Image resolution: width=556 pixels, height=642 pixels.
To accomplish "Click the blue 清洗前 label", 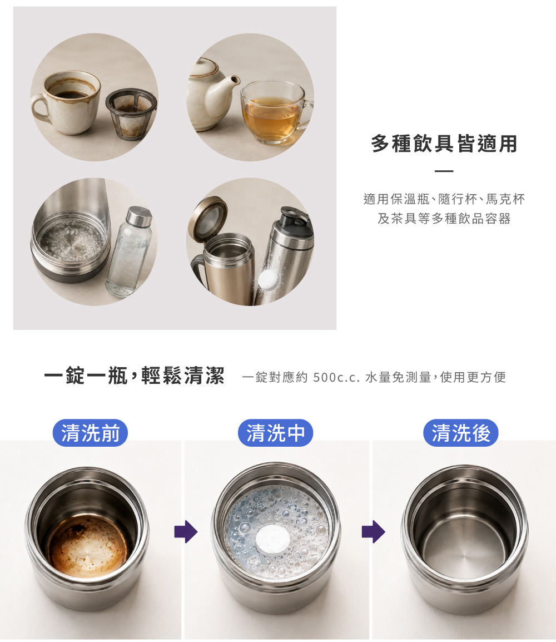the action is (x=90, y=433).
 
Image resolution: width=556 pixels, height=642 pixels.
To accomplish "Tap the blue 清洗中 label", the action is (x=275, y=433).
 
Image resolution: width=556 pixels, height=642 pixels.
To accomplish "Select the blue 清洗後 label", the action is (x=461, y=433).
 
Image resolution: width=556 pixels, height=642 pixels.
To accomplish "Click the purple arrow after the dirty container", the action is (x=186, y=532).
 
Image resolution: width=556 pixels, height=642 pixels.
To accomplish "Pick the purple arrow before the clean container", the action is (x=373, y=532).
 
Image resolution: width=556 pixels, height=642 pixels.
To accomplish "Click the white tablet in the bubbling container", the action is (x=274, y=540).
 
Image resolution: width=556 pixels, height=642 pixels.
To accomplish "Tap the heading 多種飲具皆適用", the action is (x=444, y=144).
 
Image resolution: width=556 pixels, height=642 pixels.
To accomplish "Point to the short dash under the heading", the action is (x=444, y=171).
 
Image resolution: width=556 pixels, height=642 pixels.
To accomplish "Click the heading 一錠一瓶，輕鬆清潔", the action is (x=134, y=375).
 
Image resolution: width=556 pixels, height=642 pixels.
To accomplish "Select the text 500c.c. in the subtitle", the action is (x=336, y=377).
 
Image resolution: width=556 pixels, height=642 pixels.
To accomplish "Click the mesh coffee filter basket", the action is (x=131, y=114).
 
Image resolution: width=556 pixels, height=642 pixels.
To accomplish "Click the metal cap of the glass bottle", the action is (x=139, y=216).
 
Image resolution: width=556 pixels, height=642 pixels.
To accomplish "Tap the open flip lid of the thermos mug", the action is (x=207, y=219).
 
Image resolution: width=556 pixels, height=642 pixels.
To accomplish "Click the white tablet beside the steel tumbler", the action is (x=269, y=280).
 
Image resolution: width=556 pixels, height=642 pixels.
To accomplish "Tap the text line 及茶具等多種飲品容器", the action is (x=444, y=219).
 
